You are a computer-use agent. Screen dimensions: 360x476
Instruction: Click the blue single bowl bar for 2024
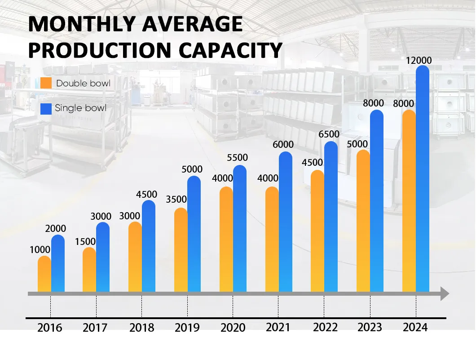point(423,180)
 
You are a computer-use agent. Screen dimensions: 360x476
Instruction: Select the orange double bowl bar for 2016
point(44,274)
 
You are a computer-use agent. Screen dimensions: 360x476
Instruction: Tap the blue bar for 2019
point(194,234)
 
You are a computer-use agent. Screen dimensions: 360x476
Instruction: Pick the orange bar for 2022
point(317,231)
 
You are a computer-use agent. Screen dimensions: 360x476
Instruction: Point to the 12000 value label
point(419,61)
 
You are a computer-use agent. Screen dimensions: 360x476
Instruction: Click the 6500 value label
point(329,134)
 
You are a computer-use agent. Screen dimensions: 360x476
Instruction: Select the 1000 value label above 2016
point(40,249)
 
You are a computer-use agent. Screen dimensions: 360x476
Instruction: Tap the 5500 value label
point(237,158)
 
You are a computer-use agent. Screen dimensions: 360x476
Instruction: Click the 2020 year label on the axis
point(233,328)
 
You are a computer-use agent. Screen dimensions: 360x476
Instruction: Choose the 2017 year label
point(95,328)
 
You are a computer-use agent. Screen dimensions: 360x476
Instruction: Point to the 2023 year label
point(370,328)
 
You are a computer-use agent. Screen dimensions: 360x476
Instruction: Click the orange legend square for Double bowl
point(46,83)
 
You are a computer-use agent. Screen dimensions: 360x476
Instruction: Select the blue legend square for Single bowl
point(46,108)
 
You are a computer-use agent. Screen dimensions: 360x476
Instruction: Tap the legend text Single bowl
point(81,108)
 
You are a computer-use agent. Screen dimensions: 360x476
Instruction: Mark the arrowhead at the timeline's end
point(445,294)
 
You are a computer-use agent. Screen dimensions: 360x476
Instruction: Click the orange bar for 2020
point(226,239)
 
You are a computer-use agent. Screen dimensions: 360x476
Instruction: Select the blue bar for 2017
point(103,257)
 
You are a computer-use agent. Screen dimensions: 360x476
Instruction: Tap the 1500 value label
point(85,241)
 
